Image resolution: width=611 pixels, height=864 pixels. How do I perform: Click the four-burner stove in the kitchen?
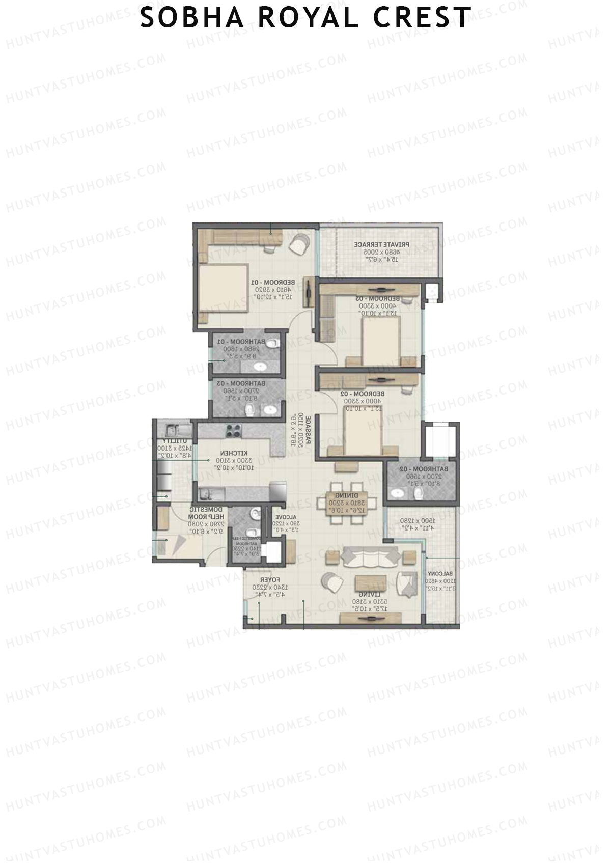point(234,431)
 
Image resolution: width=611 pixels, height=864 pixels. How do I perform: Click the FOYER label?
point(268,580)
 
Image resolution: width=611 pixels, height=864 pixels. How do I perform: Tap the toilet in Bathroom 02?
point(418,493)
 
